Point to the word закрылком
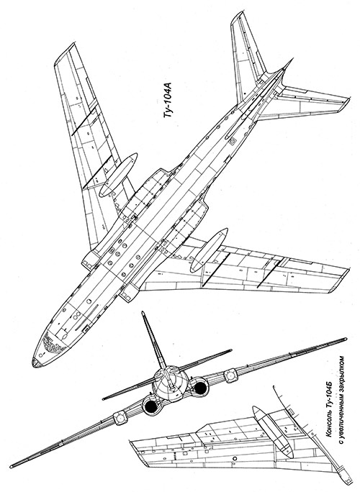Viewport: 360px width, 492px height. tap(339, 370)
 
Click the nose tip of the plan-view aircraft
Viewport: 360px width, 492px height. tap(34, 363)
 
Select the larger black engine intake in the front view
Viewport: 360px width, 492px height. tap(151, 406)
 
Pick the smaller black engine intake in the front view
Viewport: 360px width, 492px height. tap(199, 388)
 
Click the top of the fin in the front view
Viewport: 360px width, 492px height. tap(143, 314)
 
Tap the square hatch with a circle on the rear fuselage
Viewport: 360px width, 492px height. tap(232, 142)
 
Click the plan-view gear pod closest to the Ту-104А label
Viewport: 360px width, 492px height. tap(118, 174)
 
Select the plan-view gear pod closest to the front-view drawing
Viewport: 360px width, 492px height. tap(209, 250)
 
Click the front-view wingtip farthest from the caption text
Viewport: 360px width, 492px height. tap(12, 465)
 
